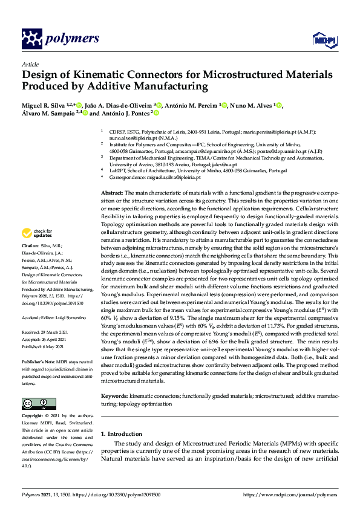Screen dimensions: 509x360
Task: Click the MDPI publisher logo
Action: [x=321, y=40]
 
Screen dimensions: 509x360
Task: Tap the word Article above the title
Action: [x=30, y=64]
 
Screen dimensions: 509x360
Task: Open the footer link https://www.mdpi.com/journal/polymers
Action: [x=290, y=494]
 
